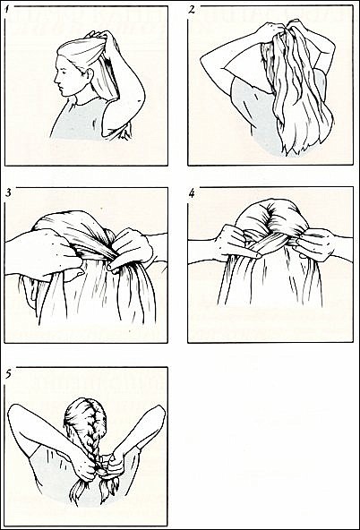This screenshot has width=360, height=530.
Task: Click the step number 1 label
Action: click(7, 9)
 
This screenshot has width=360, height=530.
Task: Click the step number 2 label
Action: click(192, 10)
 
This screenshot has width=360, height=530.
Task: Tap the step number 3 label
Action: click(8, 193)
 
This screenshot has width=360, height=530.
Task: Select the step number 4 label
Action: click(192, 193)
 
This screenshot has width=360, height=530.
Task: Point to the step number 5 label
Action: click(9, 374)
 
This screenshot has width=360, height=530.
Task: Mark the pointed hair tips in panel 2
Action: click(297, 148)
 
